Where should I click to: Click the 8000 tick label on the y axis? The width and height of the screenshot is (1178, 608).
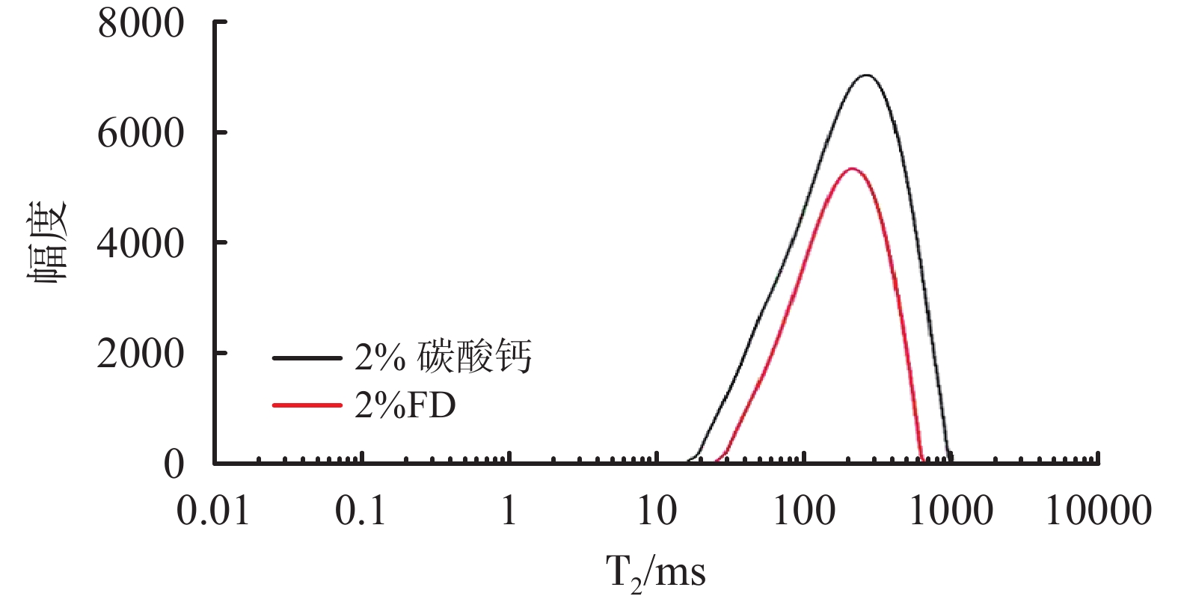141,24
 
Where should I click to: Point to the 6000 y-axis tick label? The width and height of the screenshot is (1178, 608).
141,134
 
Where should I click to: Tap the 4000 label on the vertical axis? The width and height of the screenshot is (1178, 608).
141,244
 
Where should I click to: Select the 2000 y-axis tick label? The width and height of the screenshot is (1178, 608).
141,354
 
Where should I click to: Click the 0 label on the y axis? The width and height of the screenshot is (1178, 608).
174,464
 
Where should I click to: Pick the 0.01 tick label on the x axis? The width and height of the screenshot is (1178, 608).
213,511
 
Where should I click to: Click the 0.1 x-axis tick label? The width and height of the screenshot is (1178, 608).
361,511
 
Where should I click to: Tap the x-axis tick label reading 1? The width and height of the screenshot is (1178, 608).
509,511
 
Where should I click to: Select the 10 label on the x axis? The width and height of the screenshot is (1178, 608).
657,511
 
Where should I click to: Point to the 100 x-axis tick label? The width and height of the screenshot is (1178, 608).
804,511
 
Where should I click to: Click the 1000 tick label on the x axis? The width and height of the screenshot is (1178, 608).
951,511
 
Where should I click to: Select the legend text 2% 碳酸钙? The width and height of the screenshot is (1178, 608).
443,357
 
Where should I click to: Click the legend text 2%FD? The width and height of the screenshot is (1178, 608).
405,406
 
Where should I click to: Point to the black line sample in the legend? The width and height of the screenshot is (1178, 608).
307,358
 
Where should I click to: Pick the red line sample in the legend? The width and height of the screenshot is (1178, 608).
307,405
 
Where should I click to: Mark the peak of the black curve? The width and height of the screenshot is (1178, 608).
865,76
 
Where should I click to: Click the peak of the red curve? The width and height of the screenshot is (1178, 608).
851,169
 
